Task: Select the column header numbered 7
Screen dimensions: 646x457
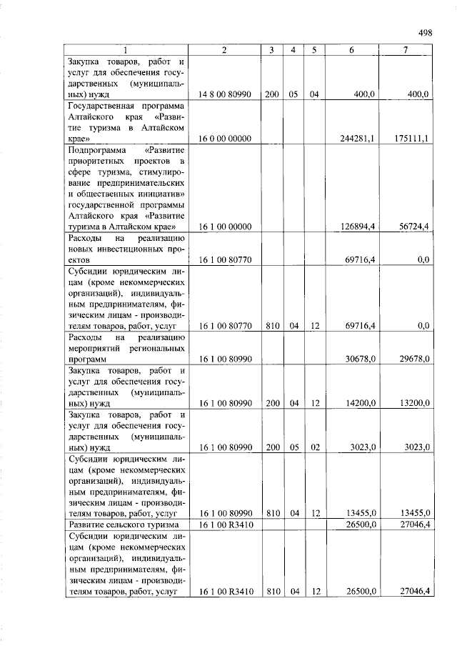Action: point(406,50)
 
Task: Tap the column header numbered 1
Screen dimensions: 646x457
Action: point(127,50)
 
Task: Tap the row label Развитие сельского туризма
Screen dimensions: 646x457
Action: point(123,526)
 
